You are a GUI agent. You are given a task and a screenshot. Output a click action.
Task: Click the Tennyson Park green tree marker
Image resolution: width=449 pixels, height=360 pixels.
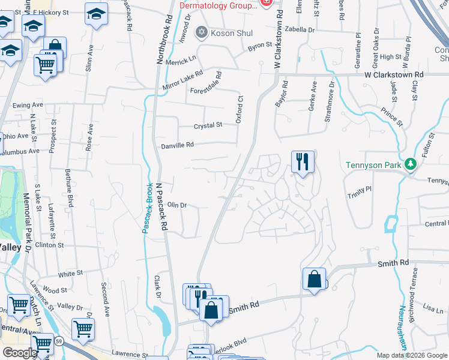(x=411, y=163)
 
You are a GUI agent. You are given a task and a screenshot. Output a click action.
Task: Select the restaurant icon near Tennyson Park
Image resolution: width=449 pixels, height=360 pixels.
(x=303, y=161)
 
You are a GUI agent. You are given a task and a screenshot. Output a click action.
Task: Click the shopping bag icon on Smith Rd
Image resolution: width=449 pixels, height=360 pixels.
(x=315, y=279)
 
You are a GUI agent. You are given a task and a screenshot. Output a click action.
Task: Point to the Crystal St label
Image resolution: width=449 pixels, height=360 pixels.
(x=208, y=125)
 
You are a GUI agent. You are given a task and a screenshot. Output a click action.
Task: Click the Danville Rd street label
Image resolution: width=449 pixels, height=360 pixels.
(x=177, y=145)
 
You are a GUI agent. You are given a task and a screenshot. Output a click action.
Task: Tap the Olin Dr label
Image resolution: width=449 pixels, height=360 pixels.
(x=177, y=205)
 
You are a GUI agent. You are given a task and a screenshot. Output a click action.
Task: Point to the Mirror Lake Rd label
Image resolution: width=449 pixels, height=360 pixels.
(x=183, y=82)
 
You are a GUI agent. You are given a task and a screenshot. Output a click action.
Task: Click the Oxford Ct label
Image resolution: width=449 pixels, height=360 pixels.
(x=239, y=109)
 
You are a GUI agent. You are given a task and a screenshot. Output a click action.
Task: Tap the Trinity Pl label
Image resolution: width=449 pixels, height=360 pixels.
(x=360, y=190)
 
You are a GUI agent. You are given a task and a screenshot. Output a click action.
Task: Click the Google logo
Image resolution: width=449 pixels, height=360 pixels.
(x=19, y=353)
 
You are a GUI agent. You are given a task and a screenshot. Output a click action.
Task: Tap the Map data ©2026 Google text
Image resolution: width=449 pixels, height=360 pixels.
(x=412, y=355)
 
